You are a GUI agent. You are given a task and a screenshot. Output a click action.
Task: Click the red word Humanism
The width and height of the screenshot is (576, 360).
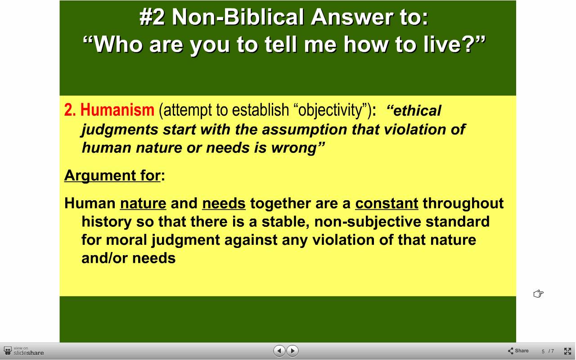click(x=117, y=110)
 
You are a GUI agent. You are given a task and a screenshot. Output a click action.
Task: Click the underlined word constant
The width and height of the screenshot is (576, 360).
click(x=387, y=203)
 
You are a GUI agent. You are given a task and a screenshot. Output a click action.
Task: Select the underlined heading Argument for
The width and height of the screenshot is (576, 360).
click(x=112, y=175)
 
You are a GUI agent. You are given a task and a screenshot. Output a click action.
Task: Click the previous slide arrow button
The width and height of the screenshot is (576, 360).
click(x=279, y=351)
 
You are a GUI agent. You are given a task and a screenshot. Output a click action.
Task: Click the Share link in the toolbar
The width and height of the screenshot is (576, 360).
click(x=518, y=351)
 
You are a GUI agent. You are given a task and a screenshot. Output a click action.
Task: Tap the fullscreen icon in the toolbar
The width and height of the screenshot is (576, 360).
click(x=567, y=351)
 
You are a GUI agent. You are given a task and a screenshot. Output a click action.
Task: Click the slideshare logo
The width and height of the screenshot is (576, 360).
click(x=24, y=351)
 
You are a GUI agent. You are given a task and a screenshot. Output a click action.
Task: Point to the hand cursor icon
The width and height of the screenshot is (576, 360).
click(x=539, y=294)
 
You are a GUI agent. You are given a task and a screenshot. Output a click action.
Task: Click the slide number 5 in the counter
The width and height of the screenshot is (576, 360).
click(x=543, y=351)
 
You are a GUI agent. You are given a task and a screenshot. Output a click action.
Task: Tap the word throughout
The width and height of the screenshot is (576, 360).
click(x=463, y=203)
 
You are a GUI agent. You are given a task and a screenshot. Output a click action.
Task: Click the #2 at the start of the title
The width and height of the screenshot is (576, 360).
click(x=152, y=17)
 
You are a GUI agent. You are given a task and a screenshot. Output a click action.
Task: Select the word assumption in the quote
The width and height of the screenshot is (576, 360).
click(x=305, y=130)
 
